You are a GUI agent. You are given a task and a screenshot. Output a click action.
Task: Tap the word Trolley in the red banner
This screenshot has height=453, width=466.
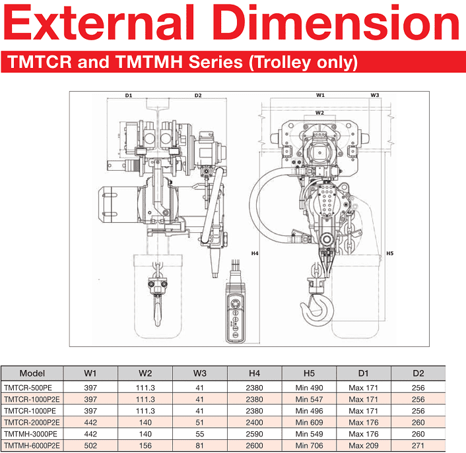[x=283, y=63]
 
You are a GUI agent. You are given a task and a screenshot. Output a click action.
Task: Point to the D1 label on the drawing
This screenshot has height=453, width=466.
[x=129, y=96]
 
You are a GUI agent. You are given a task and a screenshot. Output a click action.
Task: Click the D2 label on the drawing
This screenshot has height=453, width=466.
[x=198, y=96]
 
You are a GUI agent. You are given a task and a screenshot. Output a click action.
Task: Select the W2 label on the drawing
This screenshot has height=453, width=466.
[x=319, y=113]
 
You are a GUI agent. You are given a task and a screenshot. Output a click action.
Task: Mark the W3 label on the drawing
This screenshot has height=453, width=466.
[x=375, y=95]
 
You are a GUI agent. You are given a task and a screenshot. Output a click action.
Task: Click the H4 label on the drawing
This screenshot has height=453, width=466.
[x=255, y=253]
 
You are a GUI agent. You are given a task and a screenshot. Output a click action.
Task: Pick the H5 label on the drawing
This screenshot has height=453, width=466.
[x=389, y=253]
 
